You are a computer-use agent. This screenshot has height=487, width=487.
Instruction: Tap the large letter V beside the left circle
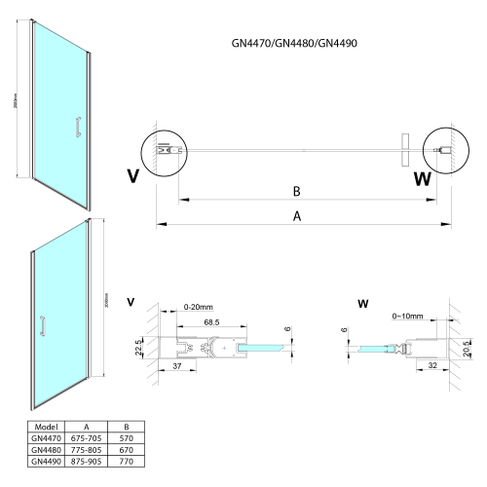coord(132,176)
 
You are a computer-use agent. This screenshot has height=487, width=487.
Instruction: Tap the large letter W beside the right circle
coord(421,178)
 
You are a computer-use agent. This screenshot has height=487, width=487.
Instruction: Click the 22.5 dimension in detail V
coord(138,348)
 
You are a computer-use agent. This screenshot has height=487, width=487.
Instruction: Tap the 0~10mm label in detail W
coord(406,317)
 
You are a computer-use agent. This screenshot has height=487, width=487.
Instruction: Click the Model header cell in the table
coord(46,427)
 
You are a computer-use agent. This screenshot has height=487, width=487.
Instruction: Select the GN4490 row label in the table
coord(46,462)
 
